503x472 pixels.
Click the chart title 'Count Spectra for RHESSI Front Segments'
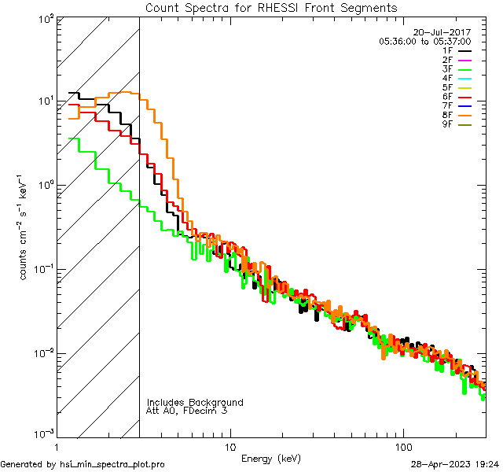(271, 7)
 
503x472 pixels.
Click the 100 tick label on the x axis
(403, 447)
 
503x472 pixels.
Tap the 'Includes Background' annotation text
(195, 402)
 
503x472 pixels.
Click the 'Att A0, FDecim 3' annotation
(187, 411)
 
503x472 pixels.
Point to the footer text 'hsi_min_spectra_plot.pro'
(112, 464)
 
